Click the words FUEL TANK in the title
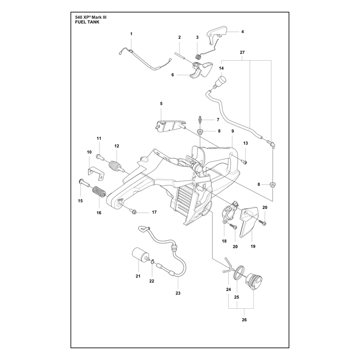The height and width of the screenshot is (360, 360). [x=87, y=22]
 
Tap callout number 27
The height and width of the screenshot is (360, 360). [x=242, y=52]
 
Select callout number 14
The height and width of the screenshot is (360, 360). [x=221, y=68]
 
